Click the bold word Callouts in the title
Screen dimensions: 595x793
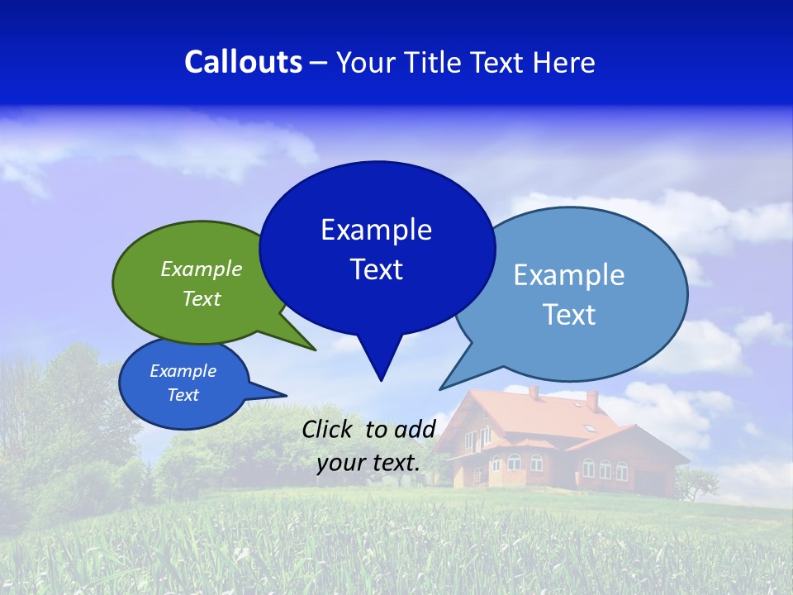pos(243,62)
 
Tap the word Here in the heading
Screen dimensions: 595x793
pos(563,62)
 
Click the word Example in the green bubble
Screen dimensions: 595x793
pos(202,269)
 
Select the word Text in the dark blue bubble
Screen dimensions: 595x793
pos(377,269)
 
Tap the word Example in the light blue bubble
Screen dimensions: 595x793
pos(568,275)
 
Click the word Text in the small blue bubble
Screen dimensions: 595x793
pos(183,395)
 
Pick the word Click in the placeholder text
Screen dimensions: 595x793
pos(329,429)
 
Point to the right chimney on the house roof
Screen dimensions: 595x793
pos(591,400)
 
